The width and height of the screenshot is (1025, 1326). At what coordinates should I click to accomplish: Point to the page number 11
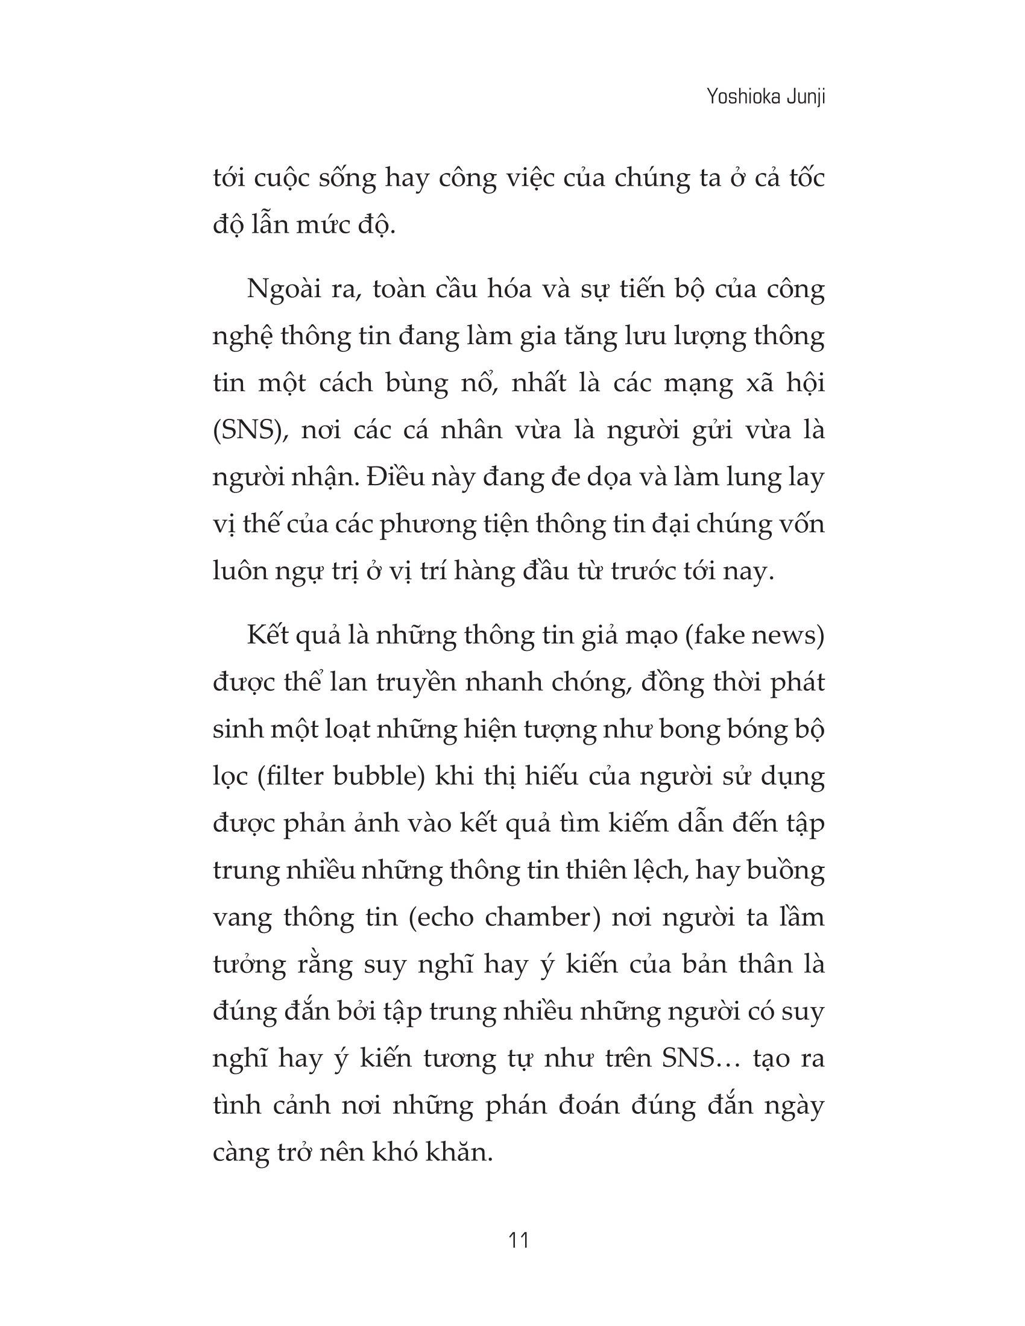pos(520,1240)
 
